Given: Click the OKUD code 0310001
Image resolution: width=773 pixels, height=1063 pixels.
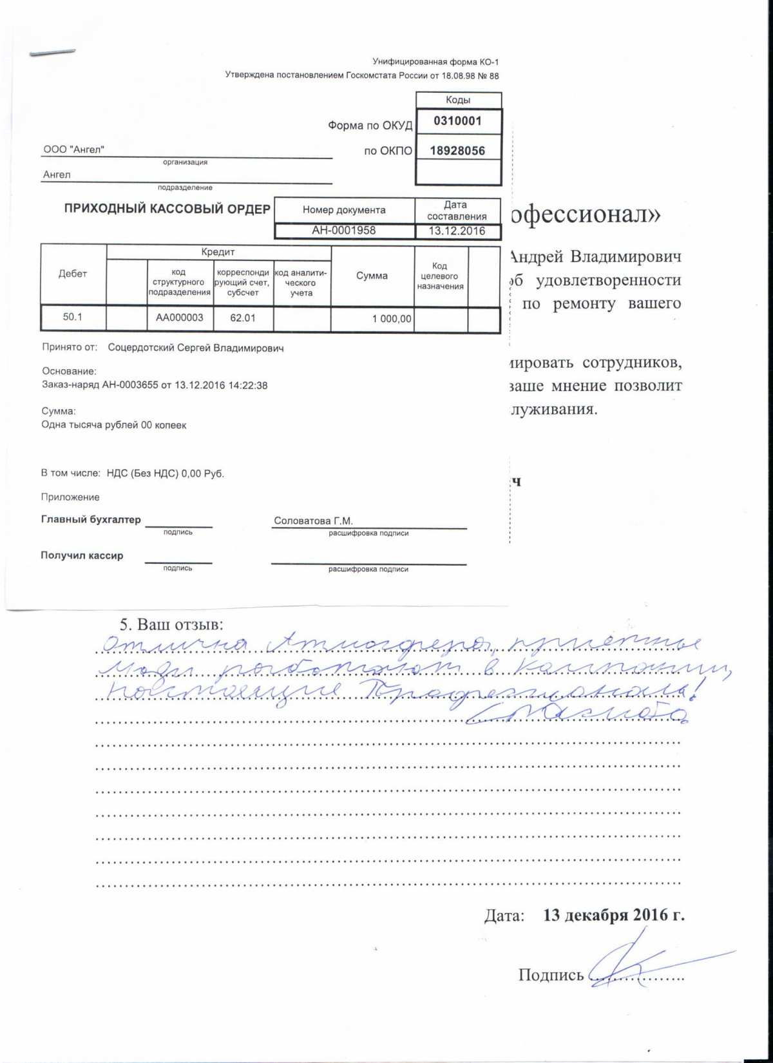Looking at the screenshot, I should click(457, 121).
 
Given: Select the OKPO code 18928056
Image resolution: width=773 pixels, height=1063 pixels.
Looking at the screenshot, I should click(457, 151).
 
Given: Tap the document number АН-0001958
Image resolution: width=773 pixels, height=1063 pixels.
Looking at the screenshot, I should click(344, 231).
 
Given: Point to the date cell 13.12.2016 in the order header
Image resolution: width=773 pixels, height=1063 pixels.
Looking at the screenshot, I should click(457, 231).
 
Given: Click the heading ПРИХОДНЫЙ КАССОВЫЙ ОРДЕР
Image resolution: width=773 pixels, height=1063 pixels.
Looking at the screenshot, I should click(167, 209).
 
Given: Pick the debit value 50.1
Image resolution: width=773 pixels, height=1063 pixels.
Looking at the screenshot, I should click(72, 317).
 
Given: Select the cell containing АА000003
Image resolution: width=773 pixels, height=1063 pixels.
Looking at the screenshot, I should click(179, 318).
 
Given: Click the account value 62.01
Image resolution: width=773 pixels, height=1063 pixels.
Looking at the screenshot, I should click(243, 318).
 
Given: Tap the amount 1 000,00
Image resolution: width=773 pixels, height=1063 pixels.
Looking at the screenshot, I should click(392, 319).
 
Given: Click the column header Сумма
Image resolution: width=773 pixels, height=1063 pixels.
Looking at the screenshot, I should click(372, 276).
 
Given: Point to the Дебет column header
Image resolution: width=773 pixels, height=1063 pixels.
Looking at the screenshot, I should click(72, 274).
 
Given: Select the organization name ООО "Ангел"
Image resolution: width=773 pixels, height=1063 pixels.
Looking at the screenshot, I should click(73, 149).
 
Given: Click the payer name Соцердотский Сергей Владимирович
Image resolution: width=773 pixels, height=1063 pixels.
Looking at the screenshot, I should click(196, 348).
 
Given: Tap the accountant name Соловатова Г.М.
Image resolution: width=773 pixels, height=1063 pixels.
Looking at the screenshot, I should click(314, 521).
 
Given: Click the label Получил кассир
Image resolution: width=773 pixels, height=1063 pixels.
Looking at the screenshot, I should click(82, 555).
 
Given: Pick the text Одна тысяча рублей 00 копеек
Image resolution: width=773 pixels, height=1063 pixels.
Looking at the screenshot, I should click(114, 425).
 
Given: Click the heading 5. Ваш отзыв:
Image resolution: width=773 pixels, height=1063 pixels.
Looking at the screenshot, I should click(171, 625).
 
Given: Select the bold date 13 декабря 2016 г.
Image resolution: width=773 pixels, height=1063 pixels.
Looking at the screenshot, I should click(613, 915).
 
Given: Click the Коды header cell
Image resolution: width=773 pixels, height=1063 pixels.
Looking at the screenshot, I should click(458, 100).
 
